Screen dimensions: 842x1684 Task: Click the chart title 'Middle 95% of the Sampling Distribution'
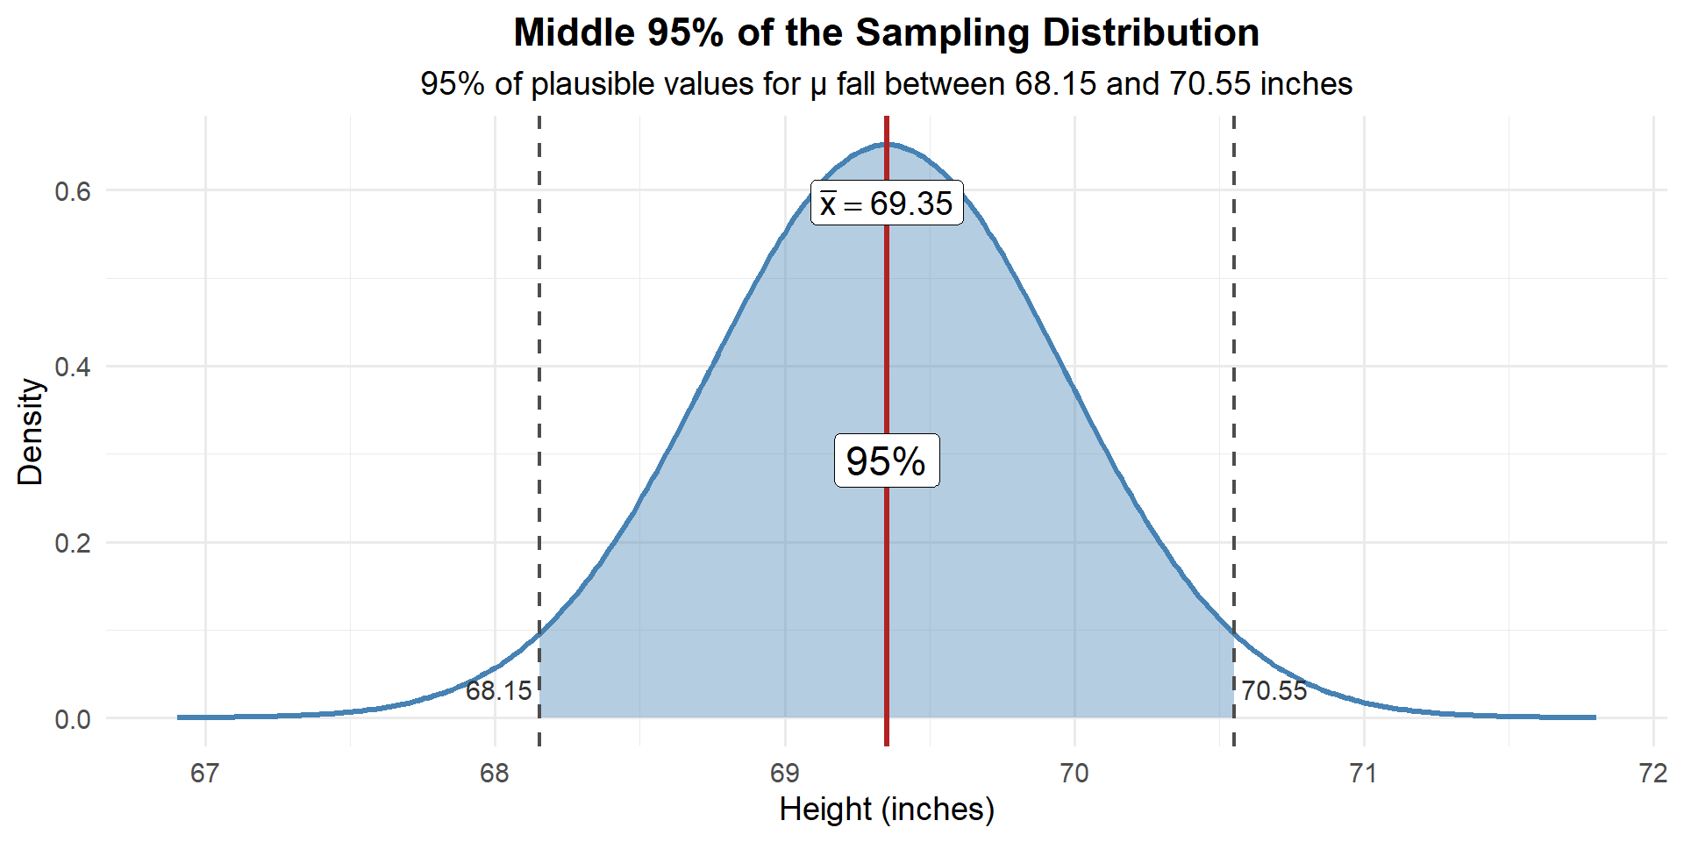pyautogui.click(x=886, y=33)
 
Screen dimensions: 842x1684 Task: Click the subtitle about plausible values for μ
pyautogui.click(x=886, y=84)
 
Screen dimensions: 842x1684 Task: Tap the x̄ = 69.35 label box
pyautogui.click(x=887, y=203)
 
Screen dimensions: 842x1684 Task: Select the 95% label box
pyautogui.click(x=886, y=461)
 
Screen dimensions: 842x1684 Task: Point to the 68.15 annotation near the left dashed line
pyautogui.click(x=498, y=691)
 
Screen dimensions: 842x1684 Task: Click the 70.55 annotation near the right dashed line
pyautogui.click(x=1274, y=691)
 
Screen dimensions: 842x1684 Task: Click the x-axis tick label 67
pyautogui.click(x=205, y=774)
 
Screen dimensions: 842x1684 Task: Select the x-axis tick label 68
pyautogui.click(x=495, y=774)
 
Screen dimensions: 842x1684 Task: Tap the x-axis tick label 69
pyautogui.click(x=784, y=774)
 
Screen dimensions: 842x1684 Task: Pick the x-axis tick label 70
pyautogui.click(x=1074, y=774)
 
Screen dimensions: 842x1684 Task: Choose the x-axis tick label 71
pyautogui.click(x=1364, y=774)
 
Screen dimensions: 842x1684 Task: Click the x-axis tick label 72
pyautogui.click(x=1653, y=774)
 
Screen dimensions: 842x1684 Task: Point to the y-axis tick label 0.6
pyautogui.click(x=73, y=191)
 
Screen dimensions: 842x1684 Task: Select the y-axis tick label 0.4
pyautogui.click(x=73, y=367)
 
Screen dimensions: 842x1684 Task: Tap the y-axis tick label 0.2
pyautogui.click(x=73, y=543)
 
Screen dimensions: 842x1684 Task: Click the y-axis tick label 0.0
pyautogui.click(x=73, y=719)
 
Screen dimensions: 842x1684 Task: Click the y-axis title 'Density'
pyautogui.click(x=31, y=431)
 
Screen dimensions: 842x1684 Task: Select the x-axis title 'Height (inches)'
pyautogui.click(x=886, y=809)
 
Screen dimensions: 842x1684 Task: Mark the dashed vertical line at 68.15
pyautogui.click(x=539, y=395)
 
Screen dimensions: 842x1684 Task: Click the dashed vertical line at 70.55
pyautogui.click(x=1234, y=395)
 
